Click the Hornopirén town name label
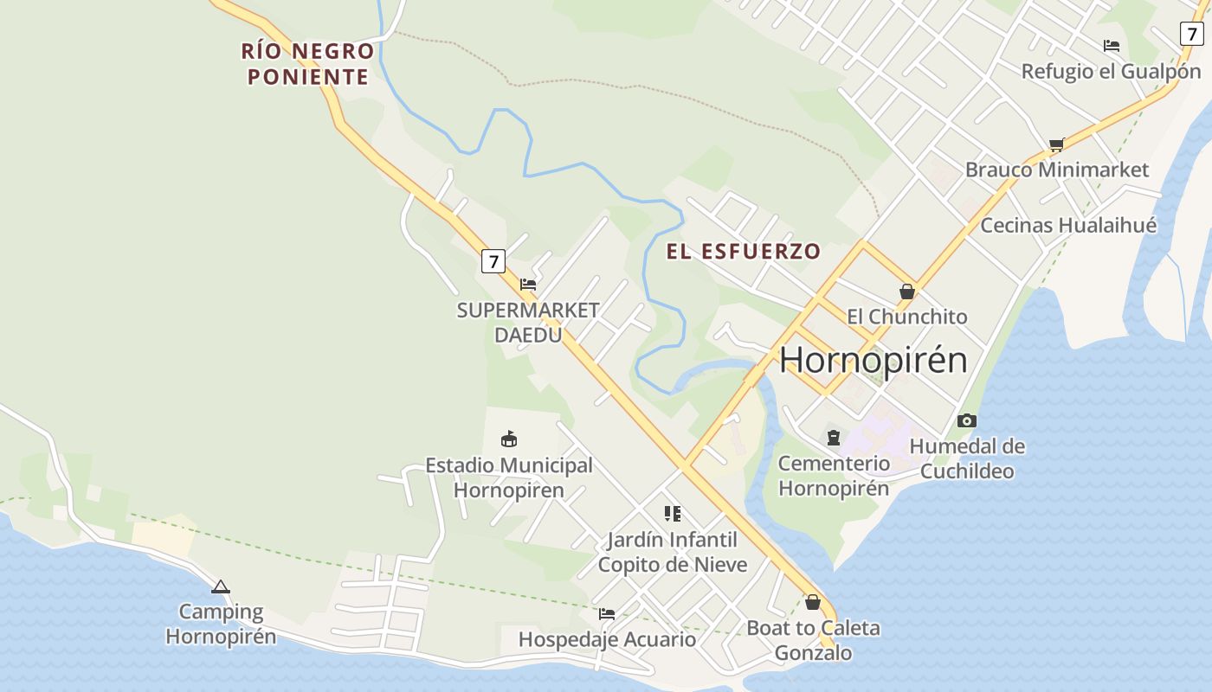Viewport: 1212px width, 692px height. (x=873, y=360)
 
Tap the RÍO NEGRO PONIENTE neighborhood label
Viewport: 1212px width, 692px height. (x=308, y=64)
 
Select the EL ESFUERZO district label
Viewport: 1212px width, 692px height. (x=743, y=252)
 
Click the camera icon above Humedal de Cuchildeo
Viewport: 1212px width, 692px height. (x=967, y=421)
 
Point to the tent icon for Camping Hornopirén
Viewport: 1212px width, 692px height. (x=221, y=587)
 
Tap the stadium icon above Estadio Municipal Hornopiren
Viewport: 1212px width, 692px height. (x=509, y=439)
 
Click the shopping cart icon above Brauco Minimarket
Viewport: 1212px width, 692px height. (x=1056, y=144)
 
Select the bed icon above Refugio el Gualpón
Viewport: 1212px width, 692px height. (x=1112, y=46)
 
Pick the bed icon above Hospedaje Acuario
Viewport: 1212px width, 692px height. (x=607, y=614)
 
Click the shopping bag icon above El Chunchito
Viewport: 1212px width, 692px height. (x=907, y=292)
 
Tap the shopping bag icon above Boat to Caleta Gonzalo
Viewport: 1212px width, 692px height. (x=813, y=602)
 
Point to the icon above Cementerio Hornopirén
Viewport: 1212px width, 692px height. (x=833, y=438)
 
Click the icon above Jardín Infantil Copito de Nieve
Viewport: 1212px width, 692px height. (x=673, y=514)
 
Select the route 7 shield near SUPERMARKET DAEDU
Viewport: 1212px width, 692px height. (x=493, y=261)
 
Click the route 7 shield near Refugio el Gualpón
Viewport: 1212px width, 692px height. (x=1192, y=34)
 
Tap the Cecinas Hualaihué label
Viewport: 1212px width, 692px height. (x=1068, y=226)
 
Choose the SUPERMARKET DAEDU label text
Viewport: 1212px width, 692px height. (x=528, y=322)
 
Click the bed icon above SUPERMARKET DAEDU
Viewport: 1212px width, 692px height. (x=528, y=285)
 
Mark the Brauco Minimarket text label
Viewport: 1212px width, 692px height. (x=1057, y=170)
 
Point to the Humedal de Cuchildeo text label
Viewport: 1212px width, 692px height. (x=967, y=458)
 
